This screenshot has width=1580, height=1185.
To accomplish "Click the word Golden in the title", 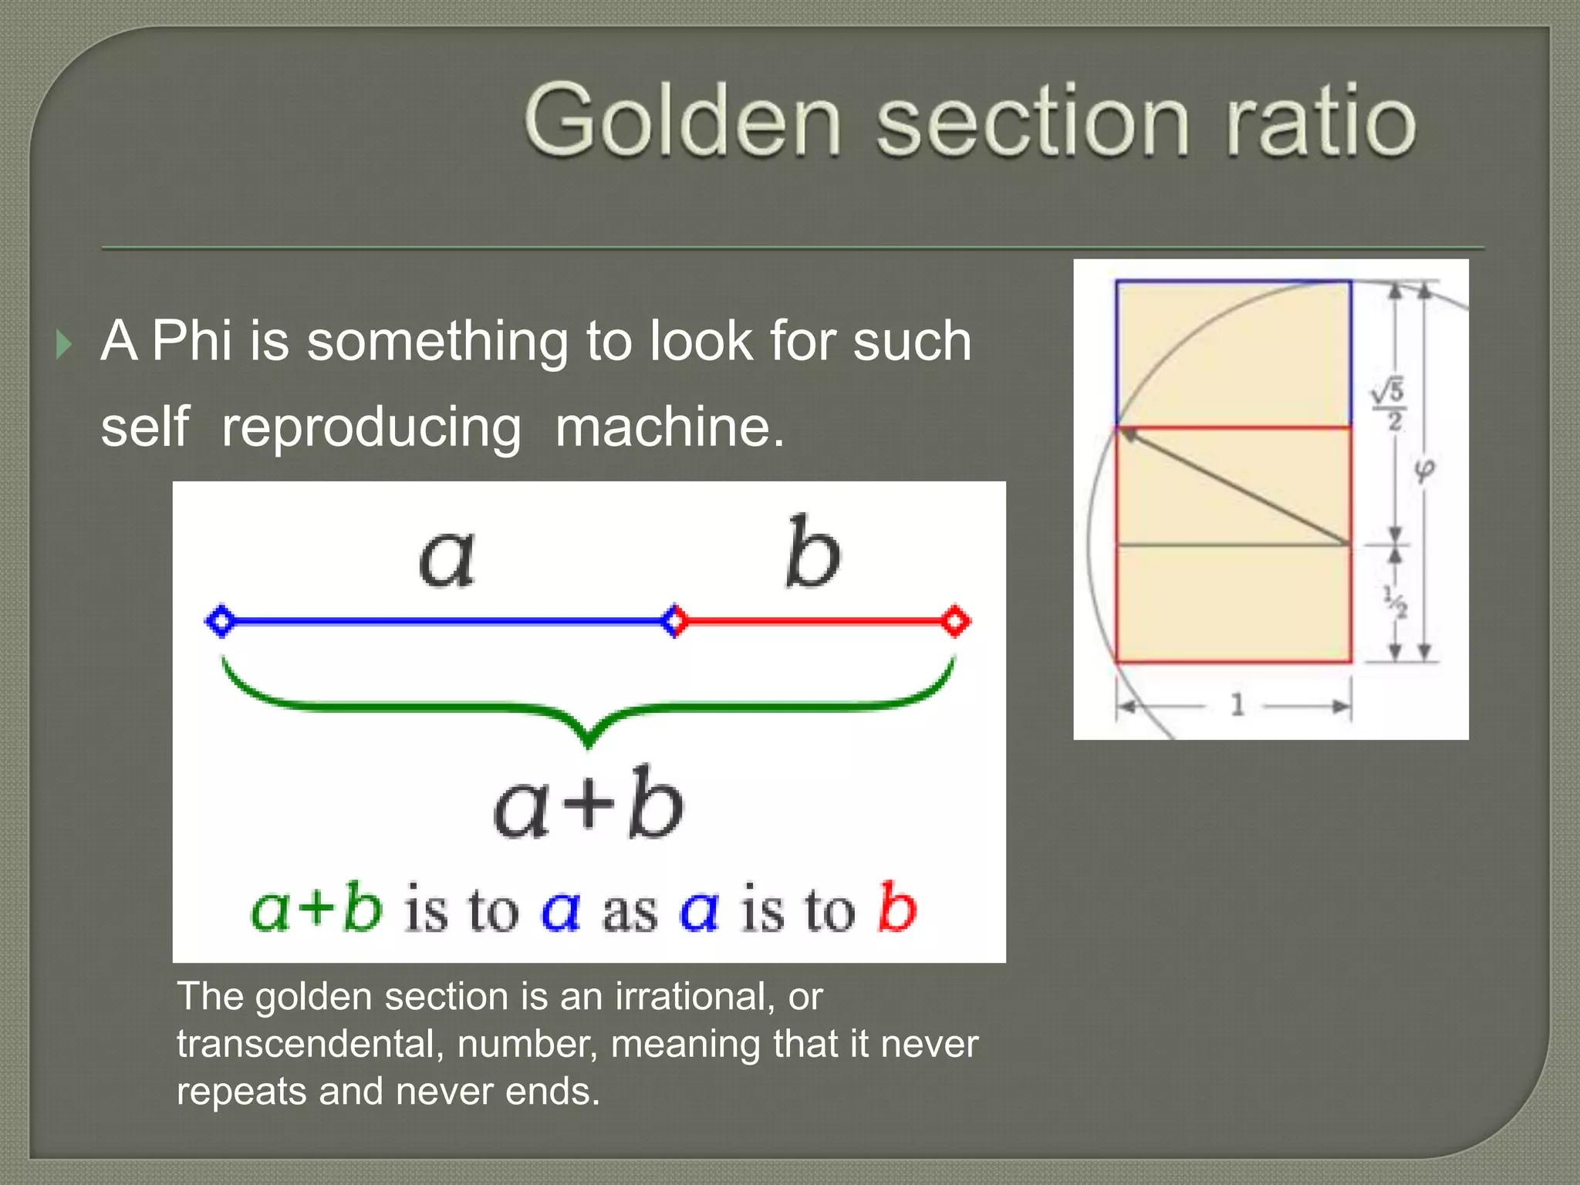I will [x=682, y=122].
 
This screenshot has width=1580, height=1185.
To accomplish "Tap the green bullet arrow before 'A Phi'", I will [x=64, y=344].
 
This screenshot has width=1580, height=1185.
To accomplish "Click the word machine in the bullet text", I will [x=668, y=427].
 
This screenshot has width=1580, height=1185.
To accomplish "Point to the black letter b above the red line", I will [x=812, y=552].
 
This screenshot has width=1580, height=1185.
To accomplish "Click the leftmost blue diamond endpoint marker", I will [x=221, y=620].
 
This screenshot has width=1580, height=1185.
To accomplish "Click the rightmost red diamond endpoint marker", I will [x=955, y=620].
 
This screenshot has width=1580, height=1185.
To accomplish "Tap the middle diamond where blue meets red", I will [x=674, y=620].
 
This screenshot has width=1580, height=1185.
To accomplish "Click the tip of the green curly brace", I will [x=589, y=744].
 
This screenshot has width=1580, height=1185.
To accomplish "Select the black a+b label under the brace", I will [x=588, y=804].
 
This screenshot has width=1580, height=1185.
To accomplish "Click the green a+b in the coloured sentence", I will [x=316, y=908].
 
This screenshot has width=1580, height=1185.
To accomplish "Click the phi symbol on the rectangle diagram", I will [x=1423, y=471].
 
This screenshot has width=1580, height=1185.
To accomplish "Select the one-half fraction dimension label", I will [x=1395, y=602].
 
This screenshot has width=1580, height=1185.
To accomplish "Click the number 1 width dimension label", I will [x=1237, y=704].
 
